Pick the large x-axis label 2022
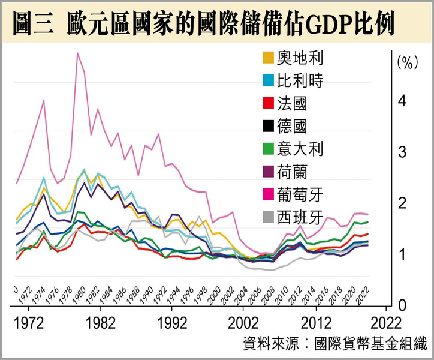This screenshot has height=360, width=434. (387, 323)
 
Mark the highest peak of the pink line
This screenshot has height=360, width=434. (77, 53)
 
